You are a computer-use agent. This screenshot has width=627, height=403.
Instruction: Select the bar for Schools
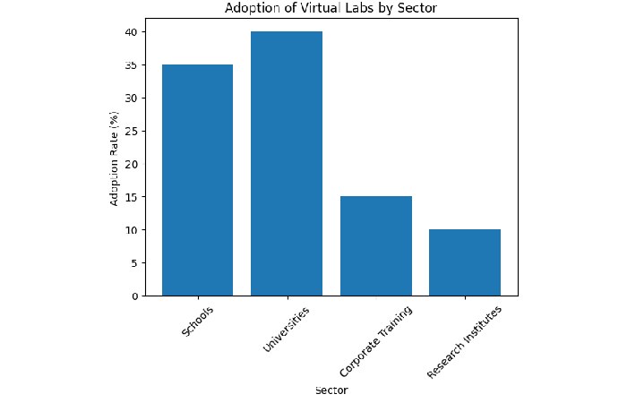click(197, 180)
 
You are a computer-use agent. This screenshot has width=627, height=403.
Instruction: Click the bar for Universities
click(287, 164)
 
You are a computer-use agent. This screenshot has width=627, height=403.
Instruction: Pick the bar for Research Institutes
click(465, 262)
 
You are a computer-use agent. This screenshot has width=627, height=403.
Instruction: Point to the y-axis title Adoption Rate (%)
click(115, 158)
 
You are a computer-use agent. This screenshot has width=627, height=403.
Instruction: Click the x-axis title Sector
click(331, 390)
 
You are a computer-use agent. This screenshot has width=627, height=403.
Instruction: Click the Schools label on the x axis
click(197, 321)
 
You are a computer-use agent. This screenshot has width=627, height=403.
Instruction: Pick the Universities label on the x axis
click(286, 327)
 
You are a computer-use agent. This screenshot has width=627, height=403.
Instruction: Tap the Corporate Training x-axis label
click(375, 341)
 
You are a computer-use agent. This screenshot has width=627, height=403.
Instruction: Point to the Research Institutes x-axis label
click(465, 341)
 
